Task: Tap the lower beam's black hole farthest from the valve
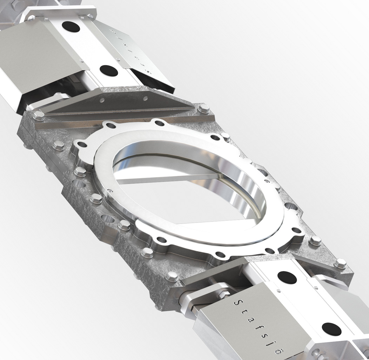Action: click(x=331, y=329)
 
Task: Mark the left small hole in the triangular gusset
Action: click(x=102, y=101)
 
